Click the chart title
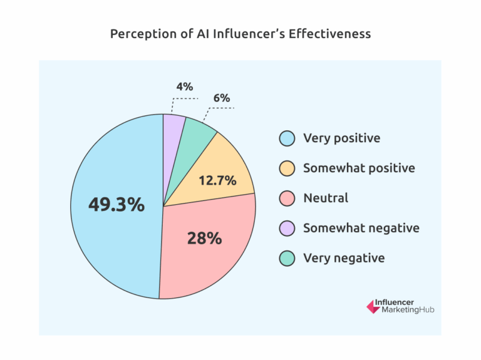click(240, 34)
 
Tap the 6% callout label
click(221, 98)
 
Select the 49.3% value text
click(116, 205)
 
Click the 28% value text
click(204, 238)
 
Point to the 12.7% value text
click(217, 181)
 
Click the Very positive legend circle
click(287, 138)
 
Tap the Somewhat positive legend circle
click(287, 168)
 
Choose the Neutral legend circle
click(287, 198)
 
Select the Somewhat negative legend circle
click(287, 229)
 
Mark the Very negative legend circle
click(287, 258)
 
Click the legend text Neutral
click(326, 198)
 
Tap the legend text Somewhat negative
click(361, 229)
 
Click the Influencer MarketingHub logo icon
click(372, 307)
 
